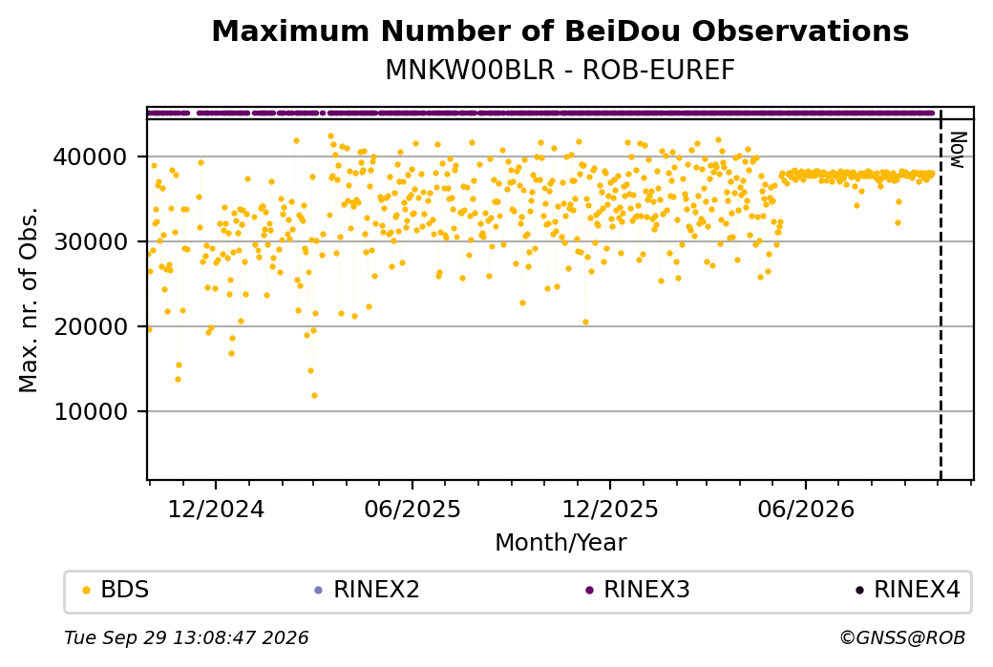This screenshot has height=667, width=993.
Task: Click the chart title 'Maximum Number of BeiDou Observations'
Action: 560,31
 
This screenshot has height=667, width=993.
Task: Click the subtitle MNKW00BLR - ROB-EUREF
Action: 560,71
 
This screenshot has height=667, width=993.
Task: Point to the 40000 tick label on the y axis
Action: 91,156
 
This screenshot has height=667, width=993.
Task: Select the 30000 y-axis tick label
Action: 91,241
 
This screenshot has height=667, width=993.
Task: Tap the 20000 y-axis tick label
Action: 91,326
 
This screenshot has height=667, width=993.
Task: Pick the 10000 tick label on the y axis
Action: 91,412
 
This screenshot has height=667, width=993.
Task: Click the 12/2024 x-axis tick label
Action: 216,509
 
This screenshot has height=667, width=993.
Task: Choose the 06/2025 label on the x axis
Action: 412,509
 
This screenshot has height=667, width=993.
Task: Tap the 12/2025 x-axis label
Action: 610,509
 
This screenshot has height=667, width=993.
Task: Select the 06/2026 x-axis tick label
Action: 806,509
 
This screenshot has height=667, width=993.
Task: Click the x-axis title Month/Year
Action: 560,542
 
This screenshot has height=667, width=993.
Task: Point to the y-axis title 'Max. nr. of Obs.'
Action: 29,300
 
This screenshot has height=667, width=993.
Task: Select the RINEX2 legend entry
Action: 368,590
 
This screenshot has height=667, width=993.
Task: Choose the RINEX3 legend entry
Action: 638,590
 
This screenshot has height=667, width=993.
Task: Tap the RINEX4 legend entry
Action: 908,590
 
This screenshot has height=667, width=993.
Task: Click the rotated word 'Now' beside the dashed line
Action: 959,150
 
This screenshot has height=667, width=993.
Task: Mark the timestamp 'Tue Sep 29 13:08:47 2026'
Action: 186,637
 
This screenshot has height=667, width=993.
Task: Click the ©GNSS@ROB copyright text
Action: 902,637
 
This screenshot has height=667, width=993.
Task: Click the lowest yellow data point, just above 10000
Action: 314,395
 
